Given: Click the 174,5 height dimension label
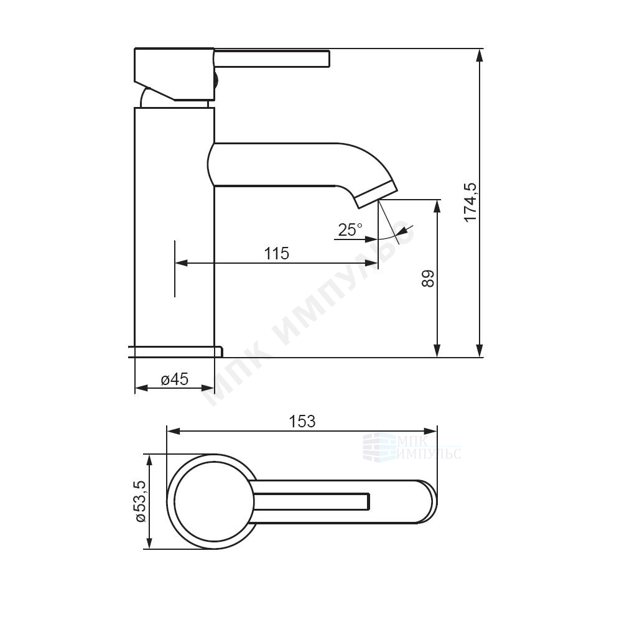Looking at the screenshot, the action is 471,202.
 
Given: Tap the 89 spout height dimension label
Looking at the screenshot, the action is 429,279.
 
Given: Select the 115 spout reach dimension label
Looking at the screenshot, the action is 277,253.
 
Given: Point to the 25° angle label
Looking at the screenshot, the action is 350,230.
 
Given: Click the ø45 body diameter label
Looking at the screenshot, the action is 175,379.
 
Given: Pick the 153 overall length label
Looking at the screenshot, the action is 302,421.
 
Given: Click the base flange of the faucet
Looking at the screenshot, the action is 175,351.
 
